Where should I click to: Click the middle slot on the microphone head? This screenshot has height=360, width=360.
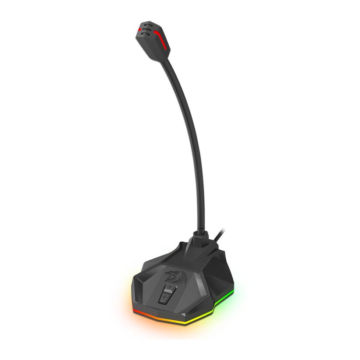tap(147, 30)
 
